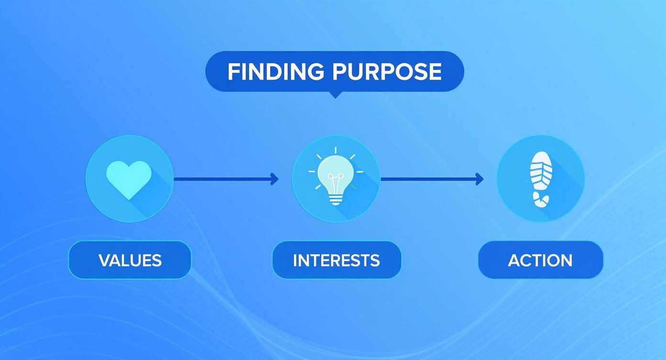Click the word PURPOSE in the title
(387, 72)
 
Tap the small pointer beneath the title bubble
(335, 95)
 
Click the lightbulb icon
(335, 178)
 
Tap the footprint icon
(541, 179)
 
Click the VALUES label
(130, 260)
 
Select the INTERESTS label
(336, 260)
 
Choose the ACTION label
(540, 260)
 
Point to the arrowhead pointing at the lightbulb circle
(275, 179)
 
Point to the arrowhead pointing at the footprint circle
(480, 179)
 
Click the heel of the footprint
(541, 200)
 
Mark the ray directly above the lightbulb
(336, 150)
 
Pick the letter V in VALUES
(104, 260)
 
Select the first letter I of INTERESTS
(295, 260)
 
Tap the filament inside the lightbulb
(335, 183)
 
